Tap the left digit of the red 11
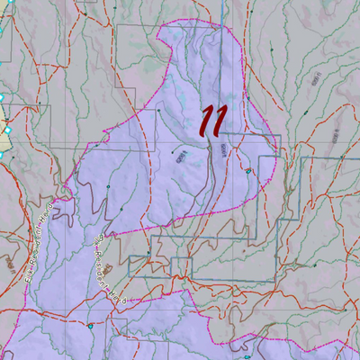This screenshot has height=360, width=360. pos(208,119)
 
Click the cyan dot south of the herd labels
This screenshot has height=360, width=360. pos(90,326)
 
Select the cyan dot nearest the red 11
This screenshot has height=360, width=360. pos(246,168)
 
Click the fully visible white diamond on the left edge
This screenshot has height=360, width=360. pos(3,97)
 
